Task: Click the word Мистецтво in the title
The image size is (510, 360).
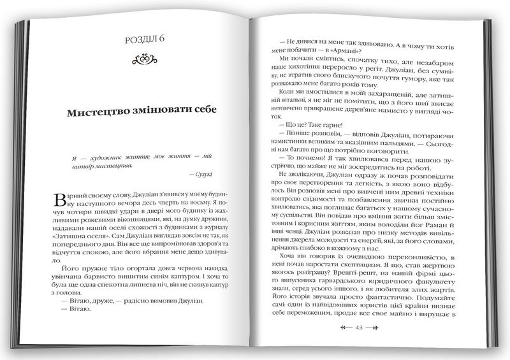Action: point(100,112)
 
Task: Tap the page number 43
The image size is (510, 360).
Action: point(358,328)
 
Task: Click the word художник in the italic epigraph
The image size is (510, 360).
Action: point(101,156)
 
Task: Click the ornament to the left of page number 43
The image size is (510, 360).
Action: point(344,328)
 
